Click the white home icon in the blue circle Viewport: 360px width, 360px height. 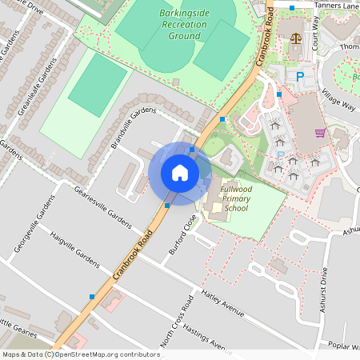click(180, 173)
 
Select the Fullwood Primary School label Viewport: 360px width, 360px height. click(236, 198)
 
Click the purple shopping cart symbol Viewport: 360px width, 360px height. click(320, 133)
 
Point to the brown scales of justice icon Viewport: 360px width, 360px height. click(297, 38)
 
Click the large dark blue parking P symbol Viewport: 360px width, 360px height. click(301, 77)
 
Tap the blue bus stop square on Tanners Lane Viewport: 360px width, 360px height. click(292, 7)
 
